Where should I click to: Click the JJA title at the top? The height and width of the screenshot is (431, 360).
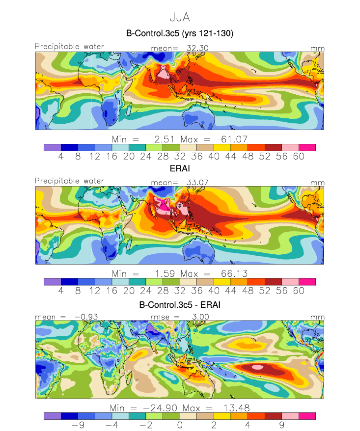pos(180,17)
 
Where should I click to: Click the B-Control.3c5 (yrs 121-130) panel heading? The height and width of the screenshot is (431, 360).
pos(180,33)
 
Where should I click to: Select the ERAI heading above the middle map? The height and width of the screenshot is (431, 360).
pos(180,168)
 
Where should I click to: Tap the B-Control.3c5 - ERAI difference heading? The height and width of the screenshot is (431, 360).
pos(180,305)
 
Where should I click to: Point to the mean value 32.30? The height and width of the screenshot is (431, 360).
pos(197,48)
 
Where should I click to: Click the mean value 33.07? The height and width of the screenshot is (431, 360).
pos(197,183)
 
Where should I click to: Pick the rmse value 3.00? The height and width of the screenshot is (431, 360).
pos(200,317)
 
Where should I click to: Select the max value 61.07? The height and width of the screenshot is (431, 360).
pos(234,139)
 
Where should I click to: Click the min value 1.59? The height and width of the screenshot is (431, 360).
pos(165,274)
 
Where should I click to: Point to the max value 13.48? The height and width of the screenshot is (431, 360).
pos(237,408)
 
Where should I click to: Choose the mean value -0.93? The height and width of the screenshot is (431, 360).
pos(86,317)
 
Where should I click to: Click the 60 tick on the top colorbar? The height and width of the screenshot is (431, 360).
pos(299,157)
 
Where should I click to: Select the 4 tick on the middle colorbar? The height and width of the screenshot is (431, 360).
pos(61,291)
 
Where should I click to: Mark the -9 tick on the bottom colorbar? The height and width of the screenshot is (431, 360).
pos(78,425)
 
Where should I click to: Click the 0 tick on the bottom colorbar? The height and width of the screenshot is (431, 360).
pos(180,425)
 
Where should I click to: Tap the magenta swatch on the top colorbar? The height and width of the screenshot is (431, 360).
pos(307,148)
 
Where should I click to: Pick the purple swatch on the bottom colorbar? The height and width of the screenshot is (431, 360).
pos(52,416)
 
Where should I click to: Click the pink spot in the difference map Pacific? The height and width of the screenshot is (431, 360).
pos(257,367)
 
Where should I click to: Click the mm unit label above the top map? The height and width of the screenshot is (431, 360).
pos(318,49)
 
